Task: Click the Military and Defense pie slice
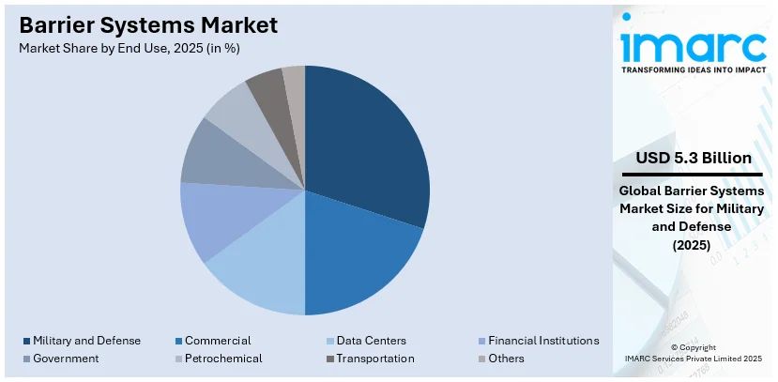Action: (366, 141)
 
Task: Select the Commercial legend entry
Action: (217, 341)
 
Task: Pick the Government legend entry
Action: (65, 359)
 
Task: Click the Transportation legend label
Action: (374, 359)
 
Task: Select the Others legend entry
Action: (506, 359)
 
